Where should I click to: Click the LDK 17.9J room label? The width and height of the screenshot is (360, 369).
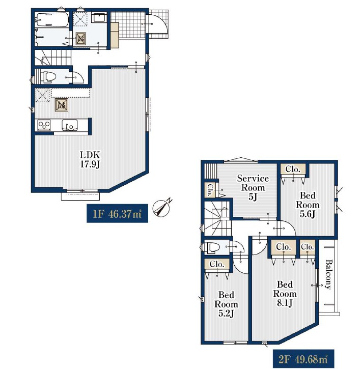(90, 159)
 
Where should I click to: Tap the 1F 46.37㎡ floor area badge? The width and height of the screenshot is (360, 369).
(117, 213)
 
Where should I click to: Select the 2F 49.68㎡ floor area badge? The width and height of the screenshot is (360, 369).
(303, 359)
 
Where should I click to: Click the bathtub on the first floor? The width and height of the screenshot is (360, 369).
(52, 19)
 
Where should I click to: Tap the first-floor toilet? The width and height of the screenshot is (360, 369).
(48, 77)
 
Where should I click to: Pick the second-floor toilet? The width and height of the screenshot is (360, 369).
(212, 247)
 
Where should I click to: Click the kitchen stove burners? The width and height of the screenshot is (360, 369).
(44, 125)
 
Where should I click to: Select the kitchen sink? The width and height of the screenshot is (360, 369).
(70, 125)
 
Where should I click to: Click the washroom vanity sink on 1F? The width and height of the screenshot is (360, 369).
(99, 17)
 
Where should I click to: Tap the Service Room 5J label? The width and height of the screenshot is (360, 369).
(253, 188)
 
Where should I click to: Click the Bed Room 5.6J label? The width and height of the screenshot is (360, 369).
(308, 205)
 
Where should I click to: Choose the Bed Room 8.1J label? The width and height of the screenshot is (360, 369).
(285, 294)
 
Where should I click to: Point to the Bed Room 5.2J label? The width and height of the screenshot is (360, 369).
(226, 304)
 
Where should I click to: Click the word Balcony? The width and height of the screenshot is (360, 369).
(328, 274)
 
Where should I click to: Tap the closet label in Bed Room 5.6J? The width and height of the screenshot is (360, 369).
(293, 169)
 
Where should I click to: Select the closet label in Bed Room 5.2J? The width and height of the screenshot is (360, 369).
(216, 264)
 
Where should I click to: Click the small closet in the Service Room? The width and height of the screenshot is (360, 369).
(209, 190)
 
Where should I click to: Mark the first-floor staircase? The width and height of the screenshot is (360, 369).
(53, 57)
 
